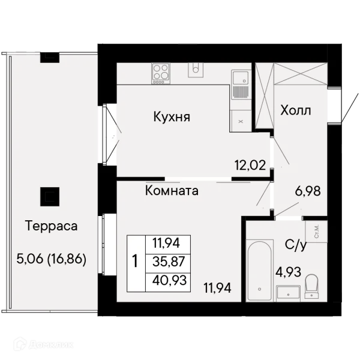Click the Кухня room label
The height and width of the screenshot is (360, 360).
pos(172,116)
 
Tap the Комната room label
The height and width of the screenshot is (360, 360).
pos(172,191)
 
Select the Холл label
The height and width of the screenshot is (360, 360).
pos(296,110)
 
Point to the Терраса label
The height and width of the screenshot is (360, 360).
pos(52,226)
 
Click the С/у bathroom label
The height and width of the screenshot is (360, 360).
pos(296,245)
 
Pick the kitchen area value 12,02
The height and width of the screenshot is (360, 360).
pos(250,165)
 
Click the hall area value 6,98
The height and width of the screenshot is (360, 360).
pos(308,191)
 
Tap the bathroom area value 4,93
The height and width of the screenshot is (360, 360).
pos(288,272)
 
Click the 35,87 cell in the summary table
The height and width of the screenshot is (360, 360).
pos(169,262)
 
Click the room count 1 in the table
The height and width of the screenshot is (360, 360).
pos(135,262)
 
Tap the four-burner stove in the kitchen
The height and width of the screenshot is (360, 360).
pos(160,73)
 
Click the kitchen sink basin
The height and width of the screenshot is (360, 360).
pos(240,78)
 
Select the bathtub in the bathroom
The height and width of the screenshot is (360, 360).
pos(260,271)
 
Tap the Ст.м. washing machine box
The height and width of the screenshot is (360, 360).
pos(316,231)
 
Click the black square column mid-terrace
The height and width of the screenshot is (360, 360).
pos(50,197)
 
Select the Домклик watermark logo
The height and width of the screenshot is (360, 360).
pos(43,344)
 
